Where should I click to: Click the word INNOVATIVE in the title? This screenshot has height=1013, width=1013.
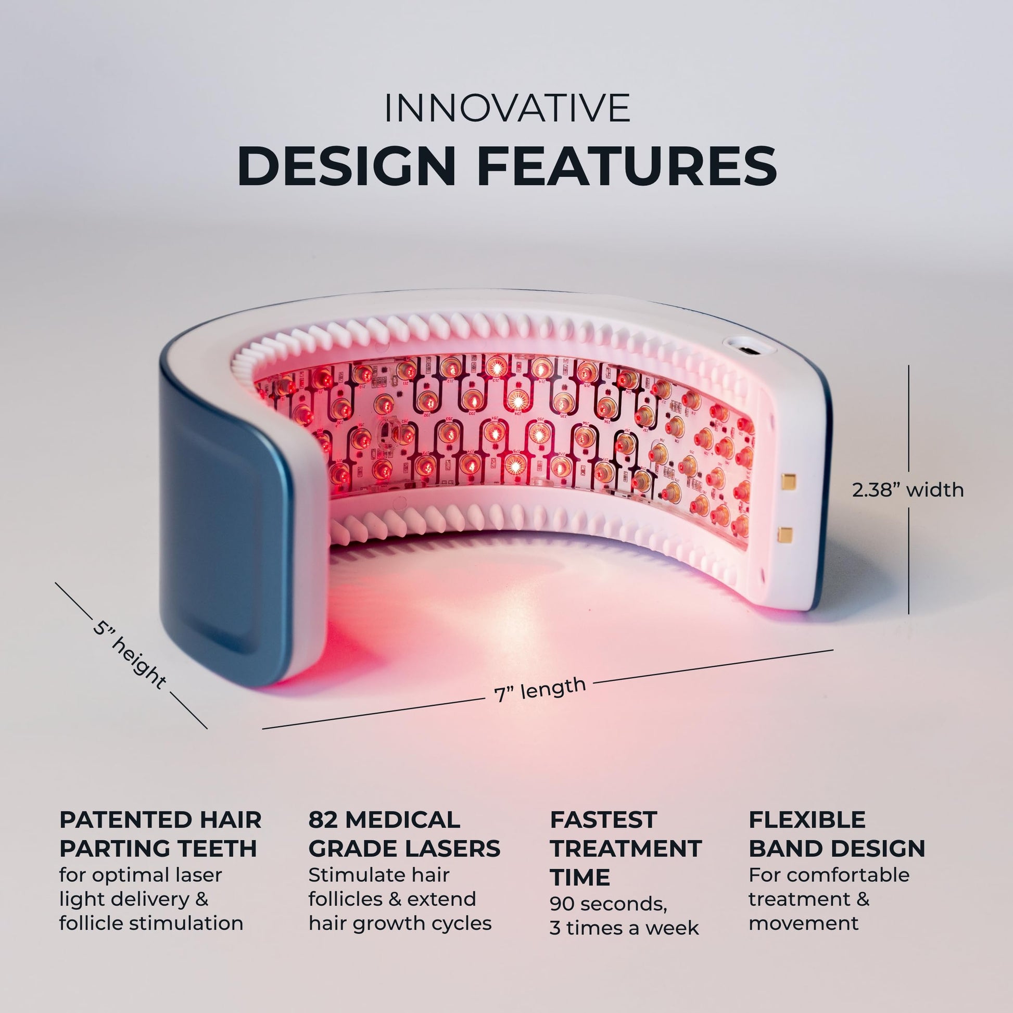pyautogui.click(x=507, y=108)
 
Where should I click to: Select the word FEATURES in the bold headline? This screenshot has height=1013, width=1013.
pyautogui.click(x=627, y=167)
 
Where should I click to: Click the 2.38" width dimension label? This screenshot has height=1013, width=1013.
pyautogui.click(x=908, y=490)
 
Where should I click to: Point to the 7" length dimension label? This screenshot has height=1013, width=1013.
pyautogui.click(x=539, y=689)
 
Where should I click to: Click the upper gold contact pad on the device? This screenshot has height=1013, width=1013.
pyautogui.click(x=788, y=480)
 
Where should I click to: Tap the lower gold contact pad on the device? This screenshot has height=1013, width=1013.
pyautogui.click(x=785, y=535)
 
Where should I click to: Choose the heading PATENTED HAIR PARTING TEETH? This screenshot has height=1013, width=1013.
pyautogui.click(x=160, y=834)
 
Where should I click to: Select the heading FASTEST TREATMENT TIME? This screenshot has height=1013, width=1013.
pyautogui.click(x=625, y=848)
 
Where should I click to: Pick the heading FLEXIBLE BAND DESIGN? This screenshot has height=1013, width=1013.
pyautogui.click(x=837, y=834)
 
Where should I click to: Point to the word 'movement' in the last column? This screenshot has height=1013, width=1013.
pyautogui.click(x=803, y=923)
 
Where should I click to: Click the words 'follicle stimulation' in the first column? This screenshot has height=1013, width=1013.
pyautogui.click(x=151, y=923)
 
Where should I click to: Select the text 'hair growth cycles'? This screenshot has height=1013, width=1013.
pyautogui.click(x=400, y=923)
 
